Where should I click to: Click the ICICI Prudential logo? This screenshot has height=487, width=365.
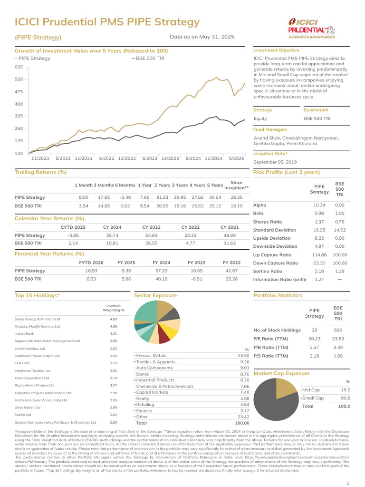(x=311, y=28)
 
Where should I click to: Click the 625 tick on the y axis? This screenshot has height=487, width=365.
(x=19, y=68)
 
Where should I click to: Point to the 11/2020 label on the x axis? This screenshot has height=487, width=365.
(x=40, y=158)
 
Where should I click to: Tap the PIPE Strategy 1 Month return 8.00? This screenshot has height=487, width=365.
(x=84, y=197)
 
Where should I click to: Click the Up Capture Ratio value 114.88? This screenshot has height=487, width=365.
(x=319, y=255)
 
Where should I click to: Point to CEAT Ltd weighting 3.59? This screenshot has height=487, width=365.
(x=114, y=363)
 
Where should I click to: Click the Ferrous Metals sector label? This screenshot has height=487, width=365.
(x=151, y=355)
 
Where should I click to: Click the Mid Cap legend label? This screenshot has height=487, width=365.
(x=312, y=390)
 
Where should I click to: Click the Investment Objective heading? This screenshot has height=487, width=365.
(x=276, y=50)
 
